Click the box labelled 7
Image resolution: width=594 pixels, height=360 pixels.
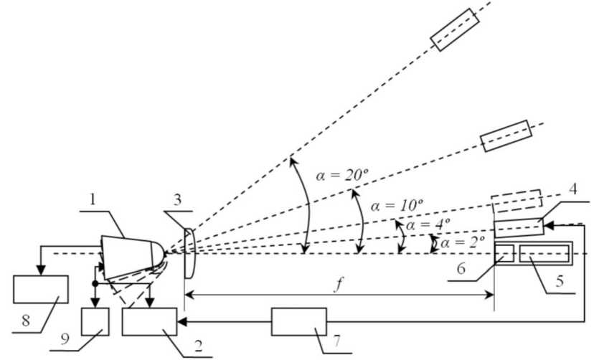point(298,321)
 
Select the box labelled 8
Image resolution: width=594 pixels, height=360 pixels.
point(40,289)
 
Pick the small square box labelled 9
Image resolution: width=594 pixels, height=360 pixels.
point(95,321)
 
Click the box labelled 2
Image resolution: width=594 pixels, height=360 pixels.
point(149,321)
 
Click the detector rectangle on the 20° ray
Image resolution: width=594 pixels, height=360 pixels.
point(453,29)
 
